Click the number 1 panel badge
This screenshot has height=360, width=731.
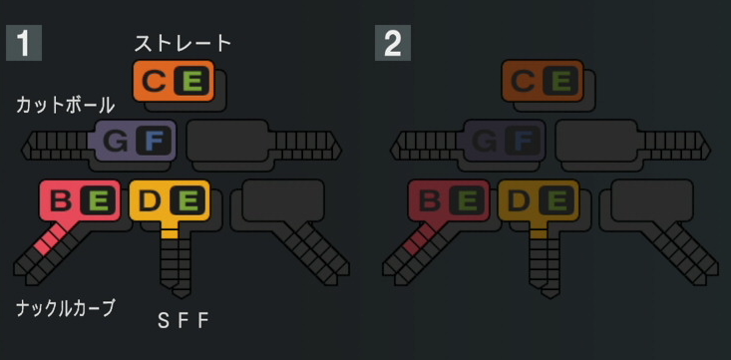coord(24,44)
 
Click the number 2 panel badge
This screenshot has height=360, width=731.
coord(392,44)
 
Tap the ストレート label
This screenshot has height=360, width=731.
coord(183,43)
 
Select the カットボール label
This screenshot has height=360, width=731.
coord(65,105)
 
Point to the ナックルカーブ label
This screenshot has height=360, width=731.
coord(65,308)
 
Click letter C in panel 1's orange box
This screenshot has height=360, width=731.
coord(155,81)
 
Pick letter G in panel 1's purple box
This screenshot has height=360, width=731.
coord(116,141)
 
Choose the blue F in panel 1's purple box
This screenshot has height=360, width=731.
coord(153,141)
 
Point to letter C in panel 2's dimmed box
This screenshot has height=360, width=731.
coord(523,81)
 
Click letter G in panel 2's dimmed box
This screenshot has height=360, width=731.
coord(485,141)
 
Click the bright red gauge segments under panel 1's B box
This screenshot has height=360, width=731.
coord(49,238)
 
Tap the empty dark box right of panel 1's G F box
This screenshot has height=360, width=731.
coord(227,139)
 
